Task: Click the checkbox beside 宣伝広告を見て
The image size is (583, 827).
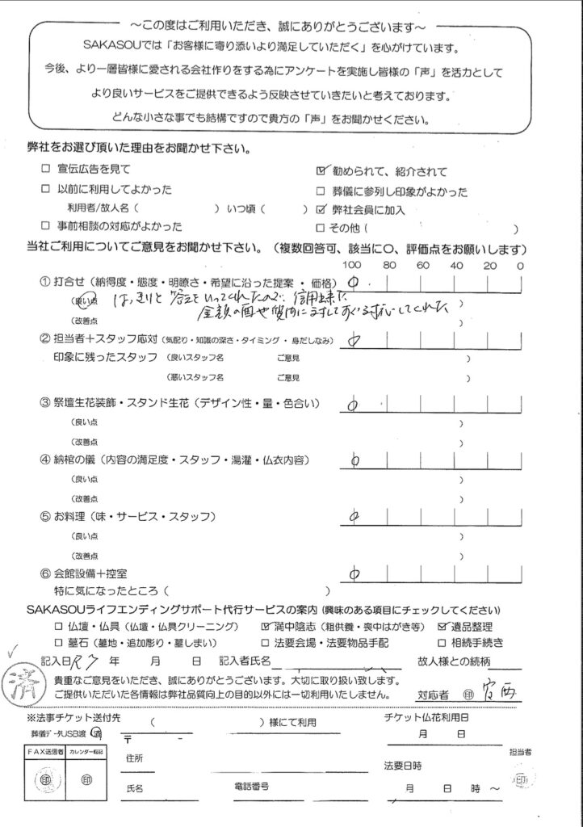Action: pyautogui.click(x=45, y=170)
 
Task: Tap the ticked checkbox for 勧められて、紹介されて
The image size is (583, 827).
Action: pyautogui.click(x=323, y=171)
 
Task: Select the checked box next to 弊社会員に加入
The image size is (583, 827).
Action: pyautogui.click(x=323, y=210)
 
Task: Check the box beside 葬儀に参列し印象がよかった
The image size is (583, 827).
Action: pyautogui.click(x=323, y=191)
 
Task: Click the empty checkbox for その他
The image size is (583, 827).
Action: pyautogui.click(x=323, y=228)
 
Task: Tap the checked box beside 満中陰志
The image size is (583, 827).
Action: pyautogui.click(x=266, y=626)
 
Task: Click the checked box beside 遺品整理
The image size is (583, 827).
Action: pyautogui.click(x=442, y=626)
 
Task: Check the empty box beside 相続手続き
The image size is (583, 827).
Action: pyautogui.click(x=442, y=643)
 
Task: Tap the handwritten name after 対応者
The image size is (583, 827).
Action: pyautogui.click(x=489, y=692)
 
